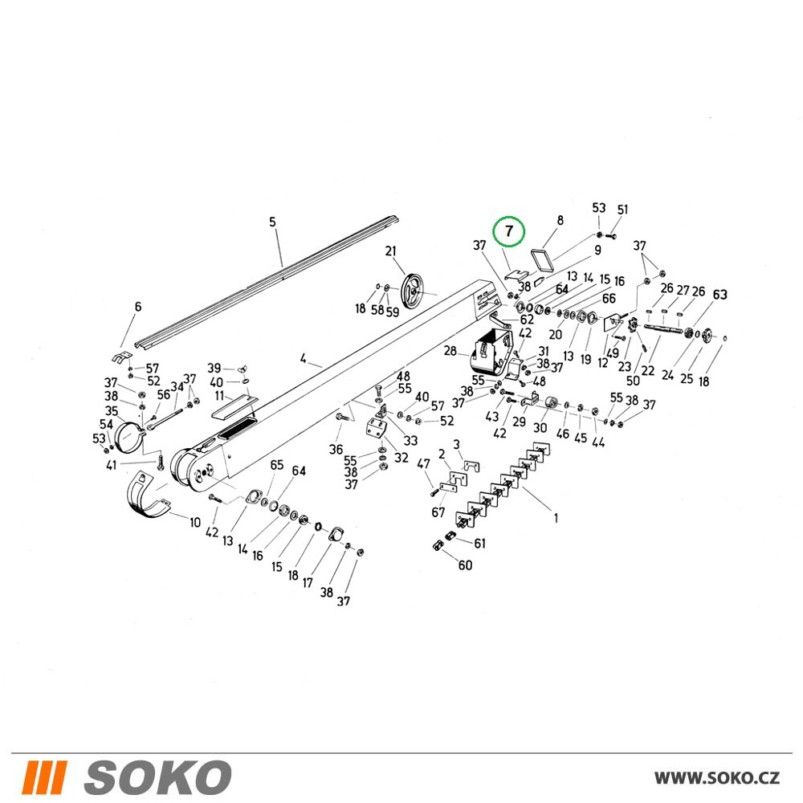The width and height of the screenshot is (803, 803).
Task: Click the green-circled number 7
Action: coord(508,231)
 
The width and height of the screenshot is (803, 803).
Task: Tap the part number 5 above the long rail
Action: coord(272,222)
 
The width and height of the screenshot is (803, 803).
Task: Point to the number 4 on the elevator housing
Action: coord(304,358)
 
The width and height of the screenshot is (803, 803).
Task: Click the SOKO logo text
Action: coord(157,777)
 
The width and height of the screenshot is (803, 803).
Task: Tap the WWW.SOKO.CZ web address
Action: coord(717,778)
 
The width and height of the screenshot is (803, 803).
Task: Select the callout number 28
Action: coord(450,352)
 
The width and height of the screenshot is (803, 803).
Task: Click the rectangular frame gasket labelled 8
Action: coord(542,259)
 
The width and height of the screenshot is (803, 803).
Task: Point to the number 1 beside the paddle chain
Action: coord(556,518)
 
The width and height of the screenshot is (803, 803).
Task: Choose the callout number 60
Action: coord(465,565)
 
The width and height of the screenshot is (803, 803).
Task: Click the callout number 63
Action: coord(720,295)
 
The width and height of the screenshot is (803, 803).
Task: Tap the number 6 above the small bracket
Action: coord(138,307)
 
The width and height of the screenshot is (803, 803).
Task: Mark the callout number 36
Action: coord(336,450)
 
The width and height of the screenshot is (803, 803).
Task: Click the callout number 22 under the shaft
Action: coord(648,370)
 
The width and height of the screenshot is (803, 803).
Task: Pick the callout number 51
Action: coord(622,210)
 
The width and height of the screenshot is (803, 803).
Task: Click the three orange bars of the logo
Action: coord(44,777)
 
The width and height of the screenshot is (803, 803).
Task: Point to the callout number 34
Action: coord(177,387)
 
